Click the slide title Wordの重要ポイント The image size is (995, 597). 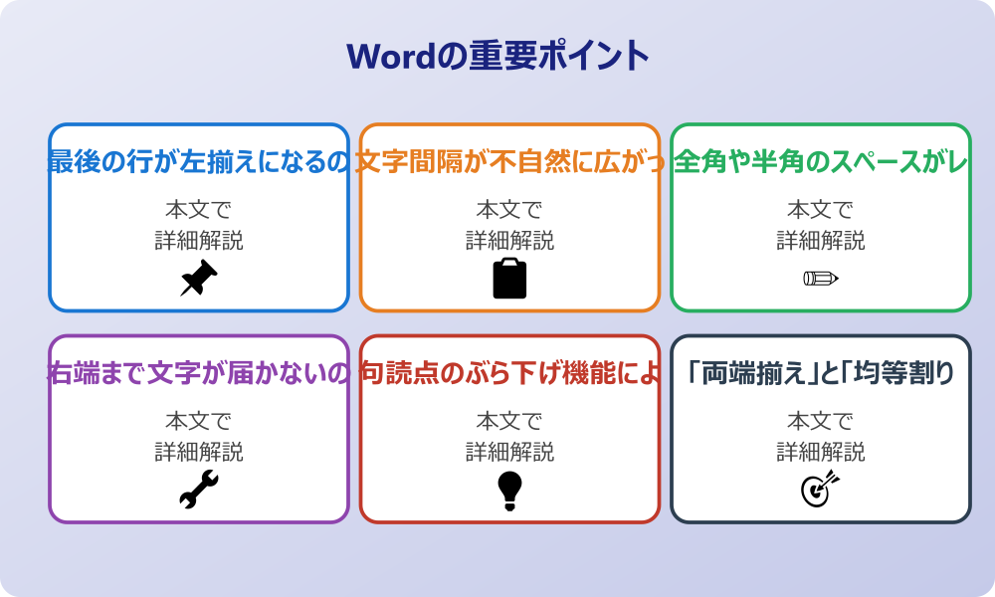pyautogui.click(x=497, y=56)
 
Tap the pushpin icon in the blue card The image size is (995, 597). pyautogui.click(x=199, y=278)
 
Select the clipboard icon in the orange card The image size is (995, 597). pyautogui.click(x=509, y=278)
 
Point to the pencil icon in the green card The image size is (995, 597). pyautogui.click(x=821, y=278)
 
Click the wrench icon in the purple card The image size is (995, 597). pyautogui.click(x=199, y=490)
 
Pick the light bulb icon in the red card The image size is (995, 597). pyautogui.click(x=509, y=490)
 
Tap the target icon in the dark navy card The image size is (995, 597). pyautogui.click(x=821, y=490)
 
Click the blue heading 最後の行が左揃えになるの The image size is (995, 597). pyautogui.click(x=199, y=161)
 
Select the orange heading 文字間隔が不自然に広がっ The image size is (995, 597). pyautogui.click(x=509, y=161)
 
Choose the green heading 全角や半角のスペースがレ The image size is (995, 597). pyautogui.click(x=821, y=161)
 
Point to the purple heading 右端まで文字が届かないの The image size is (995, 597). pyautogui.click(x=199, y=373)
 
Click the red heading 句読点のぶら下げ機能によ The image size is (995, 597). pyautogui.click(x=509, y=373)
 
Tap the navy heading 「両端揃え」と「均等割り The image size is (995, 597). pyautogui.click(x=821, y=373)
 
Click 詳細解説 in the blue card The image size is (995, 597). pyautogui.click(x=199, y=240)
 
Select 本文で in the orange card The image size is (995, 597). pyautogui.click(x=509, y=210)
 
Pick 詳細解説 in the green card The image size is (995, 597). pyautogui.click(x=821, y=240)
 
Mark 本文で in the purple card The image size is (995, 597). pyautogui.click(x=199, y=422)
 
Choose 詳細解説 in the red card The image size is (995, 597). pyautogui.click(x=509, y=452)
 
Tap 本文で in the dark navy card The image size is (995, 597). pyautogui.click(x=821, y=422)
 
